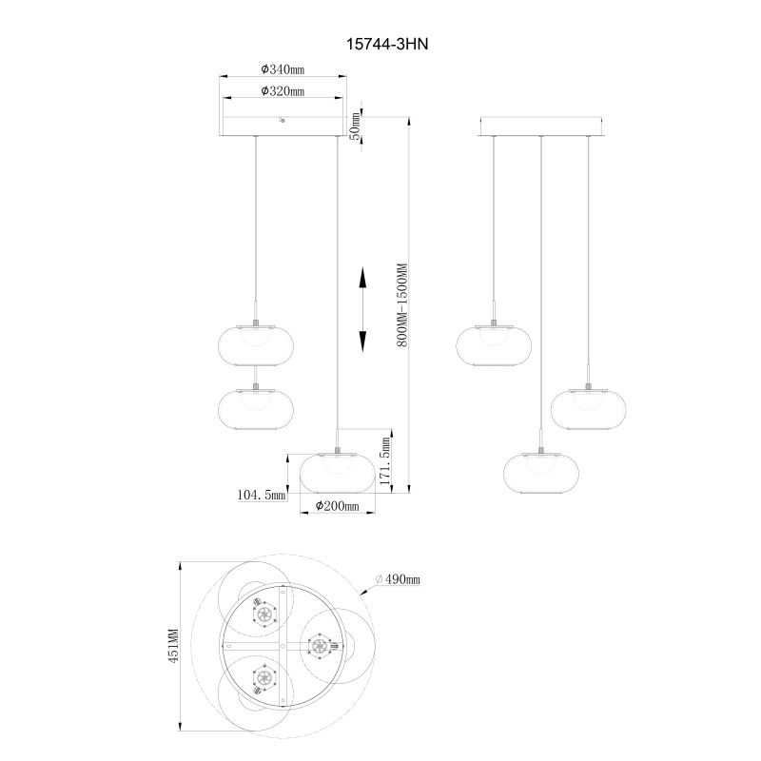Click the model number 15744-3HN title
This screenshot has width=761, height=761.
387,44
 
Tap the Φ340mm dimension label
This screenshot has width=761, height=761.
283,69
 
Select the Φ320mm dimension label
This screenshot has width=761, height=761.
283,90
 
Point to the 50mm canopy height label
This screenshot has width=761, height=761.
356,126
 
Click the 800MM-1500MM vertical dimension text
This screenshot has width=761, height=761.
403,304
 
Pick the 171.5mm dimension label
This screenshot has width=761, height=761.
385,461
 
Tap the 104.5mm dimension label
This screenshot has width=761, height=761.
261,495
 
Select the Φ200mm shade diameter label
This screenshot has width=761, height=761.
338,506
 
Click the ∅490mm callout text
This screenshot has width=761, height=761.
398,579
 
